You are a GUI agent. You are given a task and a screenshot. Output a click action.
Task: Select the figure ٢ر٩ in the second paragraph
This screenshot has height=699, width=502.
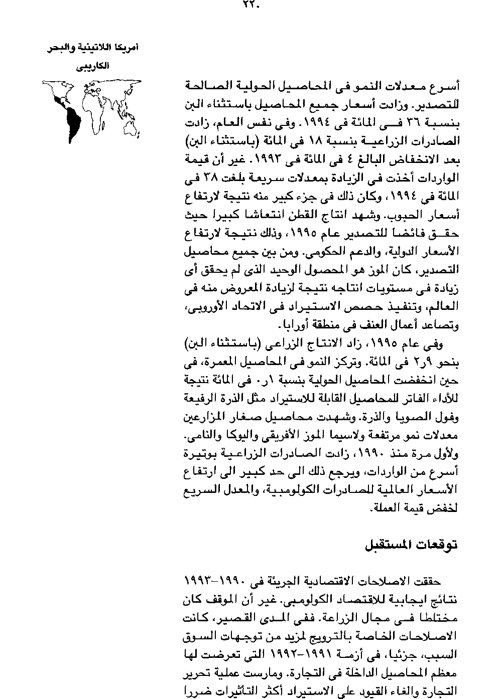click(409, 362)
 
